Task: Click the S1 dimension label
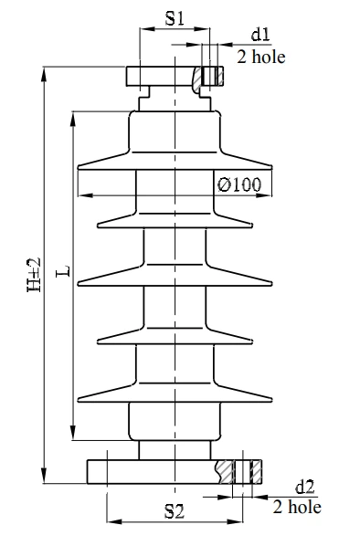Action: point(175,18)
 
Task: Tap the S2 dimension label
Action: point(175,511)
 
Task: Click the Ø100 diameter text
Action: point(240,184)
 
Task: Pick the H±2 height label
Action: point(34,274)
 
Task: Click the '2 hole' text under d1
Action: point(261,57)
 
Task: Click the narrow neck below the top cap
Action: point(175,97)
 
